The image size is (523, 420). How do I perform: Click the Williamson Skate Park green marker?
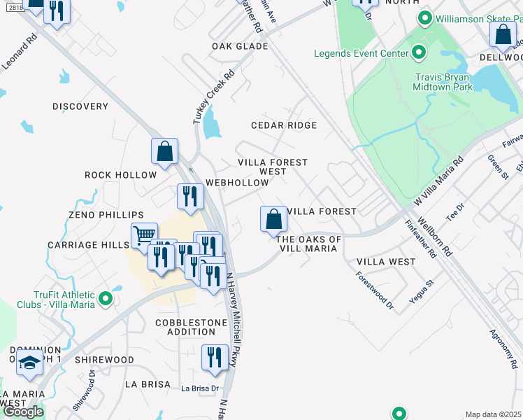tap(423, 18)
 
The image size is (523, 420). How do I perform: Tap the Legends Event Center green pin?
tap(418, 52)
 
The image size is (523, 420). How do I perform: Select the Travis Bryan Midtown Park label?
tap(454, 82)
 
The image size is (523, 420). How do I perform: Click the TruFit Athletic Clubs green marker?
tap(106, 299)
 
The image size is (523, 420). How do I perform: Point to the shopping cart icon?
tap(143, 235)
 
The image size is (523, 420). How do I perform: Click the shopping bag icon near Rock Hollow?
tap(164, 150)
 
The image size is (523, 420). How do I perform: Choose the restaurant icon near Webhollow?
tap(188, 196)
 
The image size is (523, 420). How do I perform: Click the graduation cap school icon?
tap(29, 363)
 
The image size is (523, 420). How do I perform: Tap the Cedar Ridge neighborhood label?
tap(285, 125)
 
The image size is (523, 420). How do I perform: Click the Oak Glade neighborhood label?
tap(240, 46)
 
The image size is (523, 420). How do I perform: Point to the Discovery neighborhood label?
tap(80, 106)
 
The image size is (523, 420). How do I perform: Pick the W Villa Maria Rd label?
tap(438, 181)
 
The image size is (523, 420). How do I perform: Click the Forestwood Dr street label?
tap(375, 290)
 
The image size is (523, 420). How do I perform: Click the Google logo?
tap(23, 412)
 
